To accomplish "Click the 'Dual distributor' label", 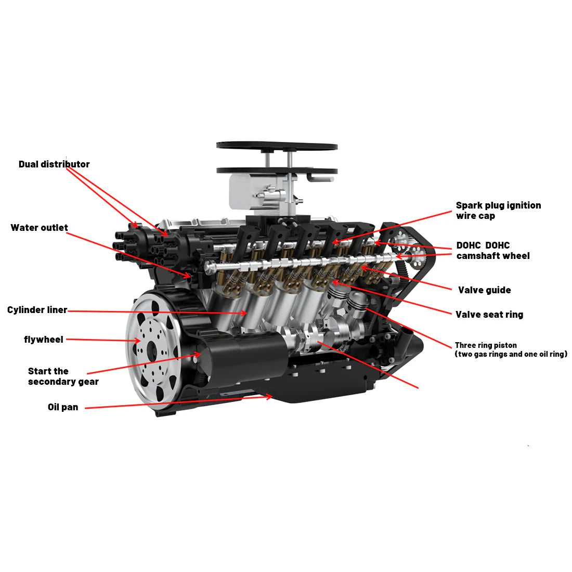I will click(x=54, y=164).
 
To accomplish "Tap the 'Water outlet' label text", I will click(x=39, y=228).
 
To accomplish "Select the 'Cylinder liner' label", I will click(x=37, y=310).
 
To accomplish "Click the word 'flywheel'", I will click(x=44, y=340).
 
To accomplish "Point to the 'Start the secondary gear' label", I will click(x=63, y=376).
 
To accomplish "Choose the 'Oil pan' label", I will click(x=63, y=407).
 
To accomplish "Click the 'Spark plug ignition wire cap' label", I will click(x=498, y=211).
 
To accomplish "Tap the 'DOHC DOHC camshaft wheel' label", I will click(x=492, y=251).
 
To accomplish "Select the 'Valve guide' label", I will click(x=484, y=290).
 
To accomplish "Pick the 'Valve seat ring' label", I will click(x=489, y=315).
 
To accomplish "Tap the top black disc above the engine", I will click(x=277, y=146).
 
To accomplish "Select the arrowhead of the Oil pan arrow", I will click(x=270, y=397).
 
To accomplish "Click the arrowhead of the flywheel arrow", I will click(x=138, y=341).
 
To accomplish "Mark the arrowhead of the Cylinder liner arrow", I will click(x=245, y=313).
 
